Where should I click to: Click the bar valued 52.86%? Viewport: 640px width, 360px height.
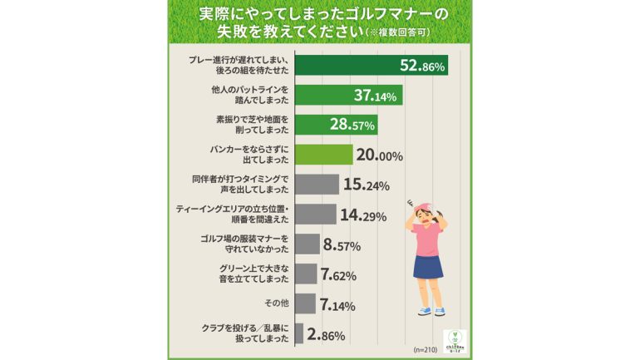(372, 66)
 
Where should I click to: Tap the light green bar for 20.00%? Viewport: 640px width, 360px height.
(324, 155)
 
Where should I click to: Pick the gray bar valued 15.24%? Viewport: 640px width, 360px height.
(317, 185)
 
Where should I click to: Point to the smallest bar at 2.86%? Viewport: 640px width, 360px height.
(299, 333)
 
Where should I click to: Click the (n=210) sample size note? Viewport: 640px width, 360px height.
(424, 349)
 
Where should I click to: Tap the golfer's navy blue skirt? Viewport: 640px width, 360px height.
(428, 266)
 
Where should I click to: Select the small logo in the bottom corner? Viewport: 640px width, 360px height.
(455, 342)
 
